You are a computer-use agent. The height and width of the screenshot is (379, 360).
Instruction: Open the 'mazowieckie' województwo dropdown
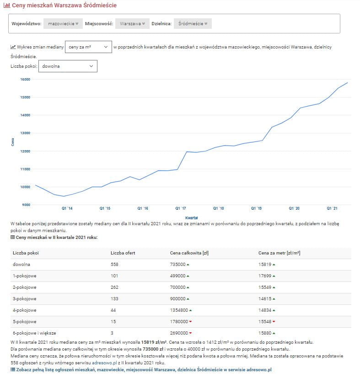tap(63, 23)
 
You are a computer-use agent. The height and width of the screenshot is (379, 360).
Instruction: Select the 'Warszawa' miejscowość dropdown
tap(132, 23)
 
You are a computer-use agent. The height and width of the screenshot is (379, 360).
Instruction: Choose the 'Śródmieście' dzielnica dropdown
tap(193, 23)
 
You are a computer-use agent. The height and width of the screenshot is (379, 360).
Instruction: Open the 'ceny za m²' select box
tap(88, 47)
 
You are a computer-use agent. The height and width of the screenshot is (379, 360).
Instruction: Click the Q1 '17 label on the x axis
tap(181, 208)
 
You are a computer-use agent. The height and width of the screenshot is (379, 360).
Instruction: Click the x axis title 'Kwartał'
tap(191, 217)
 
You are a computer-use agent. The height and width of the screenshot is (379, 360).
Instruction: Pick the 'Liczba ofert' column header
tap(123, 253)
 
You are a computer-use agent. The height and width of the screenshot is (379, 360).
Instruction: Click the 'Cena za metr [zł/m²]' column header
tap(279, 253)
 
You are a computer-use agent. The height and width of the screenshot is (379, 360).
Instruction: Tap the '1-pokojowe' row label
tap(25, 276)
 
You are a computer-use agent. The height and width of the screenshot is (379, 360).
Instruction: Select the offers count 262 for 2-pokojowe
tap(114, 287)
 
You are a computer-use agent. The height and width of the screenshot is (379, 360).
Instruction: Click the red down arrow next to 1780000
tap(190, 322)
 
